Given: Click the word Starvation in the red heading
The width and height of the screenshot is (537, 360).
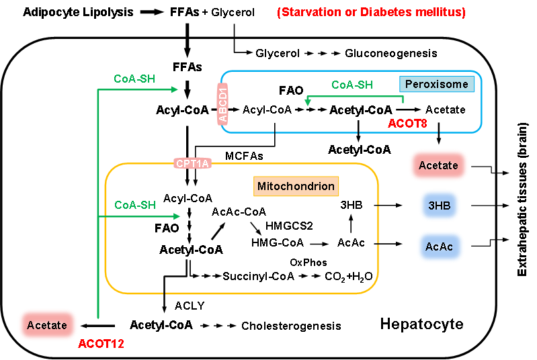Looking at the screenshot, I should click(311, 13).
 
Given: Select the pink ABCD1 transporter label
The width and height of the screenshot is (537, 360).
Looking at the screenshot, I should click(223, 103).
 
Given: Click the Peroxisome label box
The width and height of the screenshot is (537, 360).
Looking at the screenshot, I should click(437, 85).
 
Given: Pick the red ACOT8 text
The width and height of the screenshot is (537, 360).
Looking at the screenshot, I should click(407, 124).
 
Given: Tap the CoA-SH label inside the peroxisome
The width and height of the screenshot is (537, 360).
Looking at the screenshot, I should click(352, 85).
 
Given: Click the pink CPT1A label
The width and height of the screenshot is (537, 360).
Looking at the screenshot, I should click(192, 163).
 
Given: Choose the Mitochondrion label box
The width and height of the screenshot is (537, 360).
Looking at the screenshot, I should click(296, 186).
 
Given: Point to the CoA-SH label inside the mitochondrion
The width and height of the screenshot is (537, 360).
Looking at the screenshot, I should click(135, 205).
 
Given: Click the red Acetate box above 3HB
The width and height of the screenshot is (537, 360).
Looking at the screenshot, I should click(438, 165).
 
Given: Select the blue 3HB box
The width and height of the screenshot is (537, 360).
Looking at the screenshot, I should click(440, 206).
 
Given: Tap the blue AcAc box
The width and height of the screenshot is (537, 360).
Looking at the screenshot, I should click(440, 247).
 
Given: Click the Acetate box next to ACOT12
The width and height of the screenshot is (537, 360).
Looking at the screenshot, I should click(47, 325).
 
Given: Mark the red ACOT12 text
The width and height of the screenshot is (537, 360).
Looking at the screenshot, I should click(101, 344).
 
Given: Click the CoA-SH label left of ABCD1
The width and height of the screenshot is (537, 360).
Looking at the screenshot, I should click(134, 79).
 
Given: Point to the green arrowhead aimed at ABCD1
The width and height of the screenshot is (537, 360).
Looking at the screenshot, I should click(175, 89).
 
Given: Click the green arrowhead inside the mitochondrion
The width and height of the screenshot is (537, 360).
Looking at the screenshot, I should click(177, 216).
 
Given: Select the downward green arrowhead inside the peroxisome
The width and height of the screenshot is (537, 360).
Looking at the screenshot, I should click(308, 103).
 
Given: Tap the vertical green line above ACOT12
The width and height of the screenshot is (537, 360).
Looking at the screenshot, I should click(98, 269).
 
